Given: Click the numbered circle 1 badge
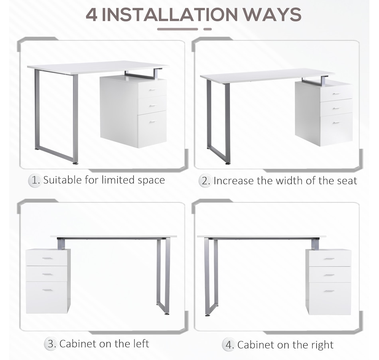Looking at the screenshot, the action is coord(35,181).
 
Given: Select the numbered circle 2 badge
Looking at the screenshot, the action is coord(205,181).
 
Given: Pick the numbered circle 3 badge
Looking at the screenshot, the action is coord(51,344).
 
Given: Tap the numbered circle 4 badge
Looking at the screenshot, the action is coord(229,345).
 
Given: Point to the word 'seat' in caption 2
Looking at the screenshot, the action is coord(346,181).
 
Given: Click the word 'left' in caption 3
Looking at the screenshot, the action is coord(141,344).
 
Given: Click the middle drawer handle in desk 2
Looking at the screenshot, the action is coord(336,108).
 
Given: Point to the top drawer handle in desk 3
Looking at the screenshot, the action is coord(47,258).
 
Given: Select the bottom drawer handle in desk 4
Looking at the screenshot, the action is coord(329,291).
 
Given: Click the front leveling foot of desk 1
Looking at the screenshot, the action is coord(75,163).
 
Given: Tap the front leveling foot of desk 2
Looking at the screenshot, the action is coord(227,163).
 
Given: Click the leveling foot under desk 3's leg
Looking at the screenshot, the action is coord(166,314).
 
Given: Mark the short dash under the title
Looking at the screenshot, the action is coord(207,29).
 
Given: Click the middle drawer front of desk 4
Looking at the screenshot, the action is coord(330,274).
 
